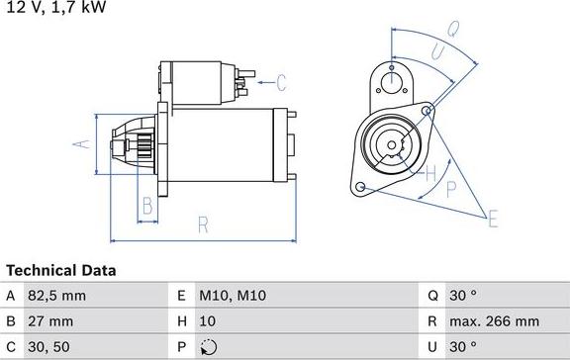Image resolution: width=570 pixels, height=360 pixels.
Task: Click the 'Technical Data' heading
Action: [x=61, y=270]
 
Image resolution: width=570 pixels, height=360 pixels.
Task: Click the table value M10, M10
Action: [x=234, y=296]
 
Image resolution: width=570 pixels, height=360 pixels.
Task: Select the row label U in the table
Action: [x=432, y=347]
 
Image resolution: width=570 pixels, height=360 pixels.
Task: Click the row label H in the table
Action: [x=181, y=321]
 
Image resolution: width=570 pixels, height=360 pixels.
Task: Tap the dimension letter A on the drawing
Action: [x=83, y=143]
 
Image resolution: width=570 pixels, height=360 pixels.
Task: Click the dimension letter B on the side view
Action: [x=146, y=206]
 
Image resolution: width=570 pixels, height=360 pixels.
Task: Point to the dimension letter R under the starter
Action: [x=202, y=225]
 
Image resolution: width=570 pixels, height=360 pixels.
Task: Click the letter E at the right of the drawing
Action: [x=492, y=219]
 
